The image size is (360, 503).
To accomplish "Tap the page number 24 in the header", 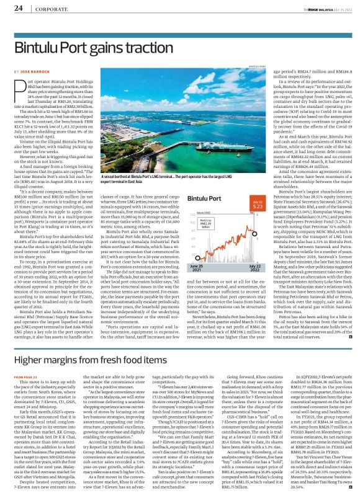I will tap(18, 8).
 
